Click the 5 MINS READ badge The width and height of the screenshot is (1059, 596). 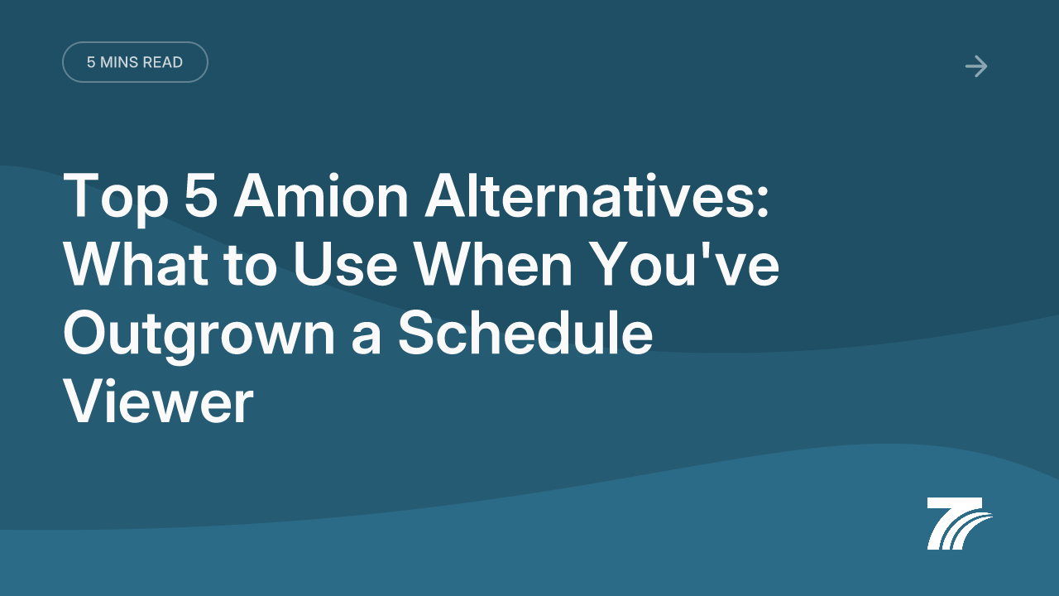pos(135,62)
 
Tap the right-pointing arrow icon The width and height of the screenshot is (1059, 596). pos(976,66)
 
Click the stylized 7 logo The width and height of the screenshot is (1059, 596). pos(960,523)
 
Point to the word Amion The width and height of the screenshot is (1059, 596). pos(321,195)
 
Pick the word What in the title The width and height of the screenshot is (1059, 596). pos(136,264)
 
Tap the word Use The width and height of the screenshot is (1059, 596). pos(345,264)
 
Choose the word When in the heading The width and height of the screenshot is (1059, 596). pos(493,264)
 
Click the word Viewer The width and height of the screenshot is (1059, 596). pos(158,402)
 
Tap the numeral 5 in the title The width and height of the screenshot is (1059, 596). pos(201,195)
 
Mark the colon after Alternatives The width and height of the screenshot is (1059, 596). pos(762,200)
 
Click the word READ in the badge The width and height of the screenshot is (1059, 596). pos(162,62)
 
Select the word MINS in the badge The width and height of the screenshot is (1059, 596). pos(118,62)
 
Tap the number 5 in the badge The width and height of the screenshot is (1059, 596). pos(91,62)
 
